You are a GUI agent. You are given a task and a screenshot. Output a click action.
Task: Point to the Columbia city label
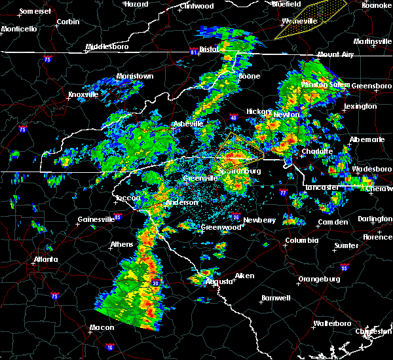tap(301, 240)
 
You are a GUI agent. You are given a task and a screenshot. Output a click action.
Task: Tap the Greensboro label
tap(371, 86)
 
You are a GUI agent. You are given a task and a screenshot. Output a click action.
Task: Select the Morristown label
tap(135, 77)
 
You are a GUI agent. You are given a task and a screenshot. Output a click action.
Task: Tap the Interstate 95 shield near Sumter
tap(345, 267)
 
